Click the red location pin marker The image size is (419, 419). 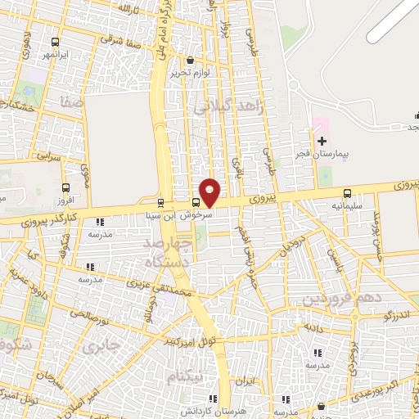[x=210, y=191]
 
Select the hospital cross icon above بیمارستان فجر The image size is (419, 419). [x=321, y=142]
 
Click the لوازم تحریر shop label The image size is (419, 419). [x=191, y=73]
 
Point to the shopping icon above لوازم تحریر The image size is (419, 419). [x=191, y=60]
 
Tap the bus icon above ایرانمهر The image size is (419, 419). [x=55, y=42]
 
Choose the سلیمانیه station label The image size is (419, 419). [x=348, y=206]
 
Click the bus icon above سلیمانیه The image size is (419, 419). [x=348, y=193]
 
